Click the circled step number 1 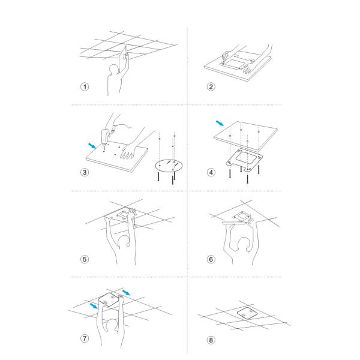tap(85, 87)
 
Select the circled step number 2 tap(211, 87)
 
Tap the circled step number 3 tap(85, 172)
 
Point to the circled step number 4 tap(211, 172)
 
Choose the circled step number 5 tap(85, 259)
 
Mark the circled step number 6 tap(211, 259)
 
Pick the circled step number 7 tap(85, 338)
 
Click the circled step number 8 tap(211, 340)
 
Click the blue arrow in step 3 tap(92, 146)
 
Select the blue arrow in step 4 tap(220, 123)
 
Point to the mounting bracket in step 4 tap(244, 160)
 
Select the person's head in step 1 tap(113, 70)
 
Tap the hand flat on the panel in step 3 tap(128, 151)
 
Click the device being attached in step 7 tap(109, 300)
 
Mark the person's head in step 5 tap(124, 242)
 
